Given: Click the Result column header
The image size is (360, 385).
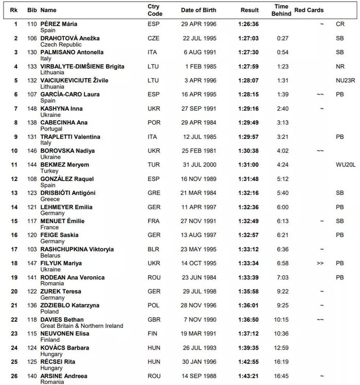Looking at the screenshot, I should click(249, 10).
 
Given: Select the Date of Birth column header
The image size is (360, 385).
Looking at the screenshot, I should click(199, 10).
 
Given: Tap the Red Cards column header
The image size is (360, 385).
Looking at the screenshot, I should click(309, 10).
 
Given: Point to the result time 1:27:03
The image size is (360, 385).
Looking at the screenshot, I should click(248, 38).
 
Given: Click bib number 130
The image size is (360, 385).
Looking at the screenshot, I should click(32, 52).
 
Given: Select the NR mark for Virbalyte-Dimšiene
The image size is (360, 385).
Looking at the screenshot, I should click(339, 66).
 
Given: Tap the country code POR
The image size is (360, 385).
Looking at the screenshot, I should click(154, 123).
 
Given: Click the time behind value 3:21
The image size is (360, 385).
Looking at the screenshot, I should click(282, 137).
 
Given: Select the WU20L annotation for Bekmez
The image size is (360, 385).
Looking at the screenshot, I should click(344, 165).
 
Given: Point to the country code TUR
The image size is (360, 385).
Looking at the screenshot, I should click(154, 165).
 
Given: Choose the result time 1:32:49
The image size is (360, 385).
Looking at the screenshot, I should click(248, 221).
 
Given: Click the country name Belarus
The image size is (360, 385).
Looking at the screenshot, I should click(50, 255).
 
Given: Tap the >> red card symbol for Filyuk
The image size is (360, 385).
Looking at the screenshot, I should click(320, 263).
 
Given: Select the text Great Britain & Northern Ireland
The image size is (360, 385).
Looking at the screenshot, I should click(82, 325).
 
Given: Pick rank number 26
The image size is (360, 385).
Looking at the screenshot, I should click(15, 376).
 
